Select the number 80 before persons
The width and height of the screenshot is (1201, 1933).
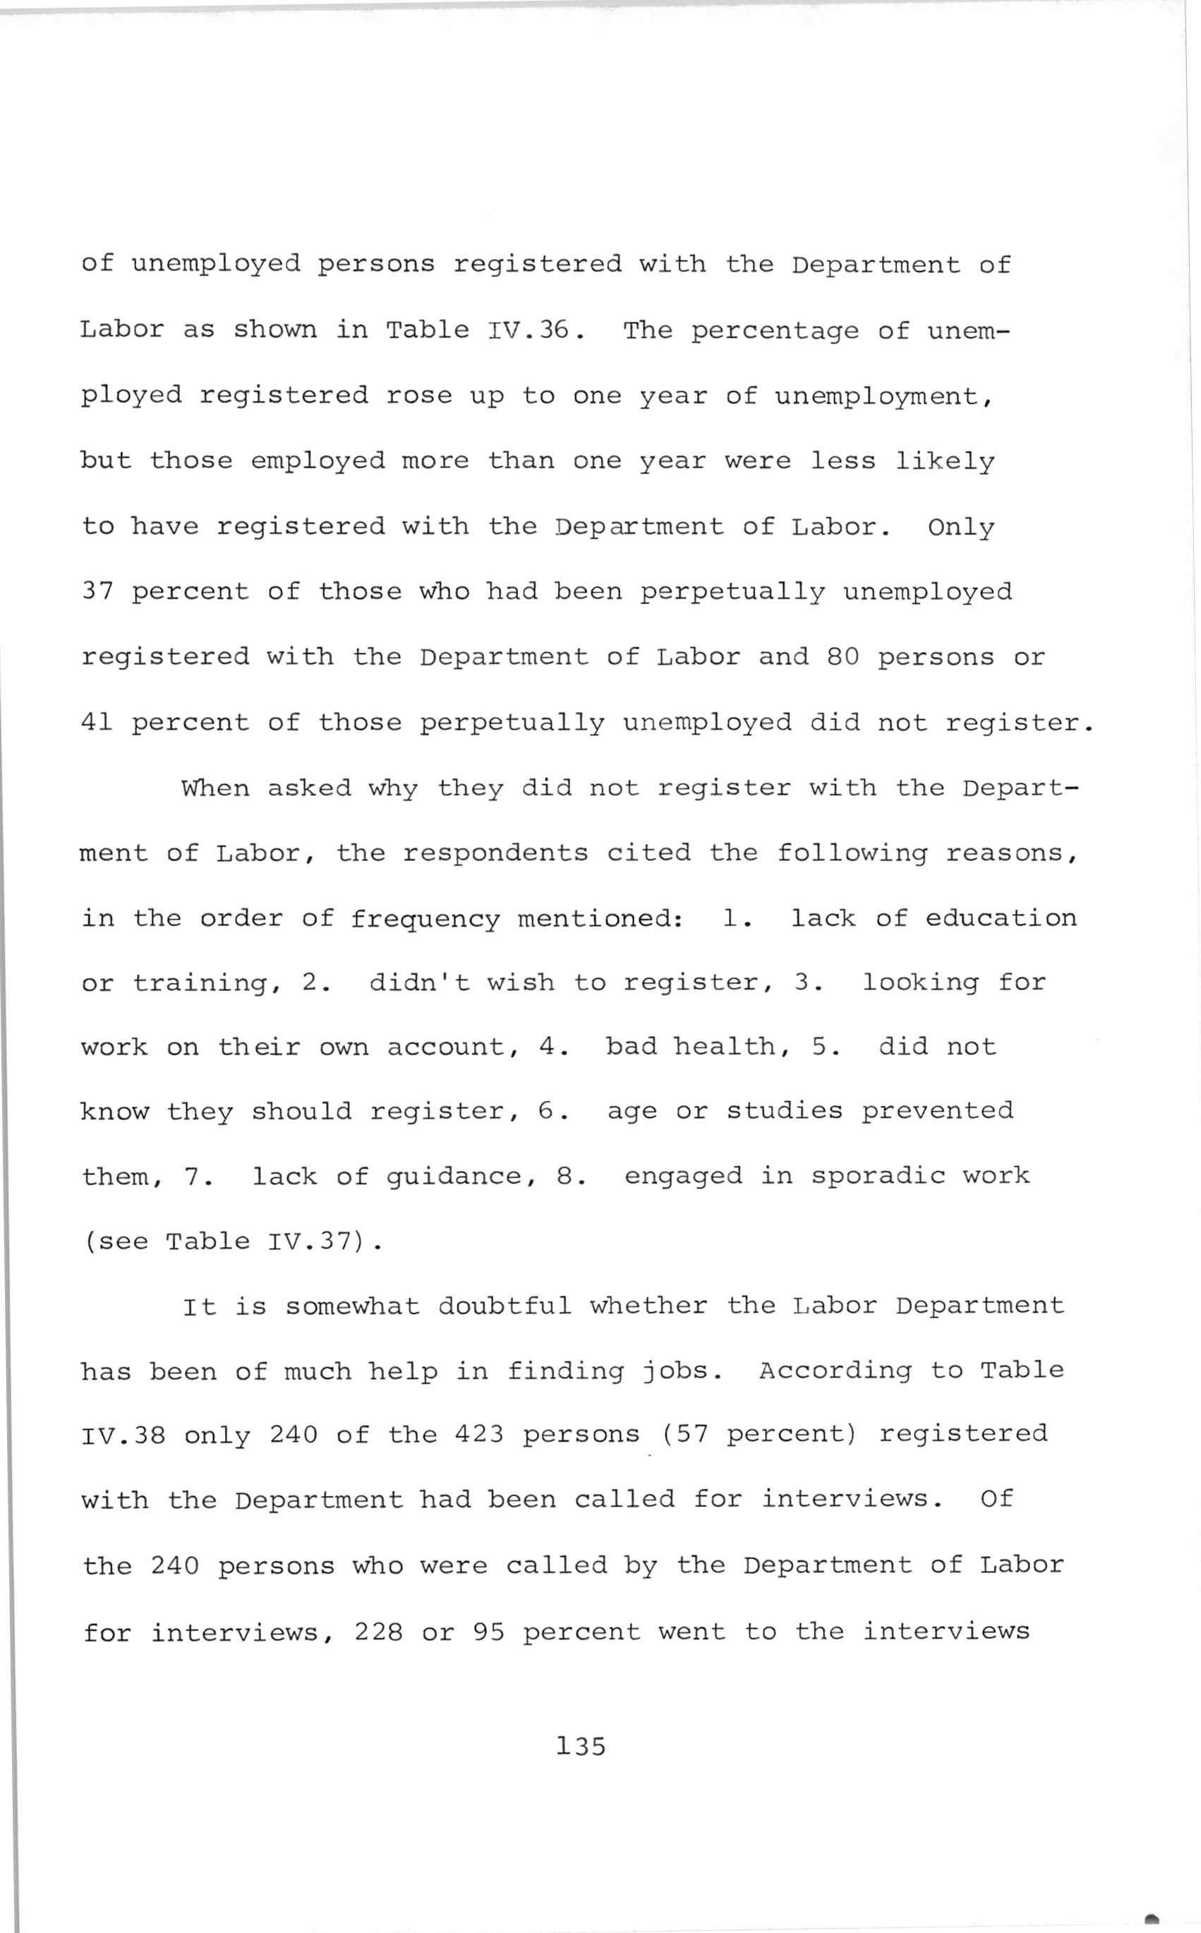pos(843,657)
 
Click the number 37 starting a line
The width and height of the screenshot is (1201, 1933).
pos(97,591)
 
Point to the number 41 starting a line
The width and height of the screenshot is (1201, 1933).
pos(97,722)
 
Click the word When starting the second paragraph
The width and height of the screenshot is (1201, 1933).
pos(215,788)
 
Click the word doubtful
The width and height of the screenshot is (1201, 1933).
pos(505,1306)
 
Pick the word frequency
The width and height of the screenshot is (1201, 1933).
pos(425,920)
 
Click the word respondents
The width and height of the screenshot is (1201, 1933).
pos(495,854)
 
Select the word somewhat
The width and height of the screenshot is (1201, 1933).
pos(352,1306)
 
